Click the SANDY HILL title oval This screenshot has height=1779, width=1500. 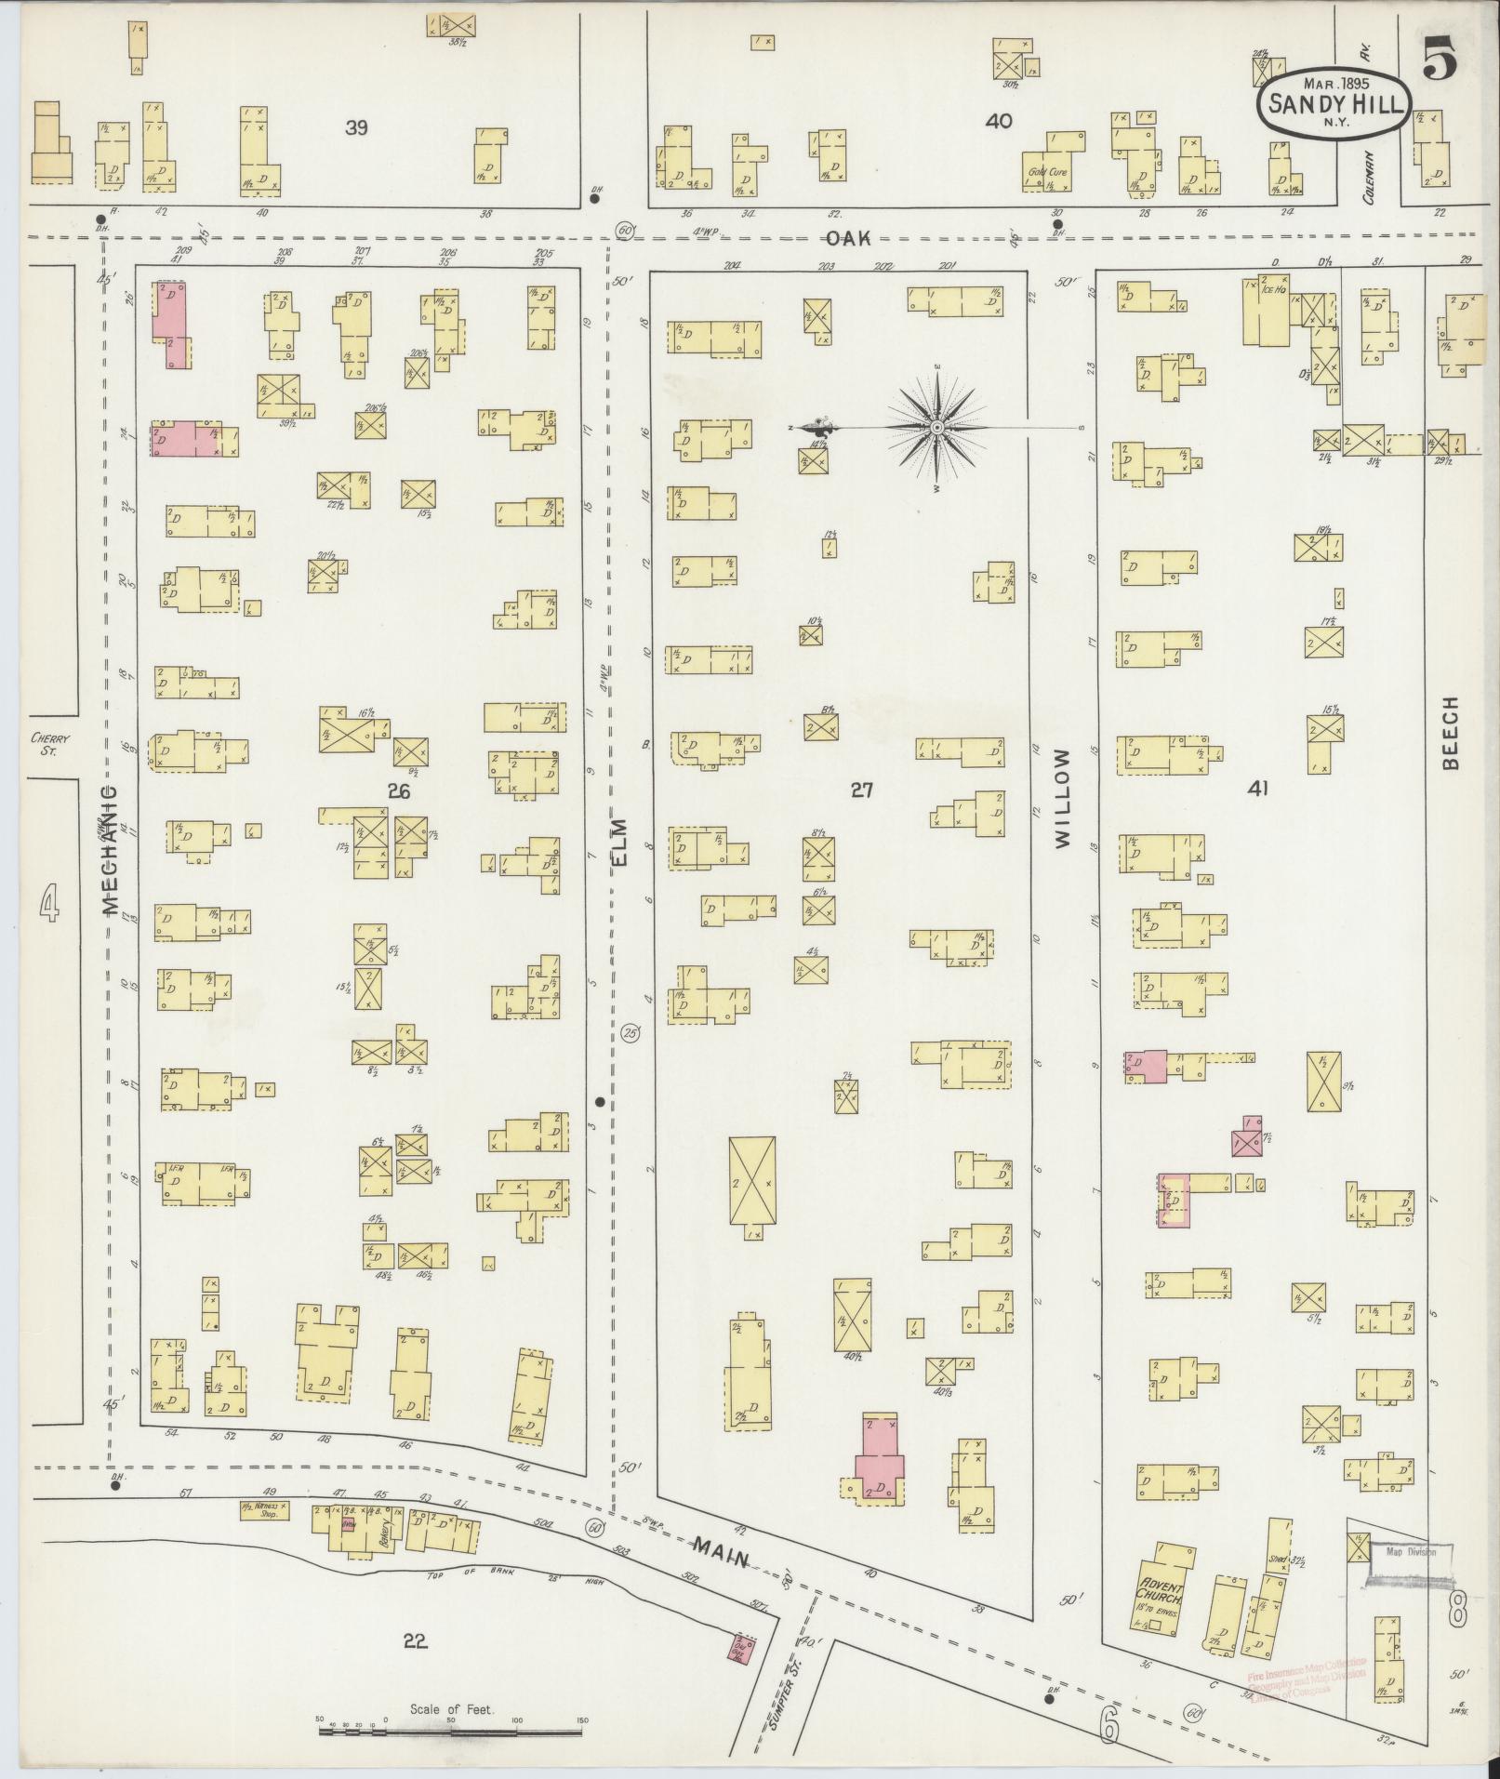point(1334,106)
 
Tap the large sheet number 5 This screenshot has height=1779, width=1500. point(1438,61)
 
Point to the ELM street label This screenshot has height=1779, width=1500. point(620,843)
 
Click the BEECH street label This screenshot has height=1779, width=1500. point(1451,734)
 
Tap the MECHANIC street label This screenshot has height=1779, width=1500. point(109,849)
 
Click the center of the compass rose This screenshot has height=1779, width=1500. point(937,428)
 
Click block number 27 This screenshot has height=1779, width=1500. point(861,790)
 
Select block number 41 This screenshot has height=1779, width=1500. point(1259,790)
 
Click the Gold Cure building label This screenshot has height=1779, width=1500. point(1047,173)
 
